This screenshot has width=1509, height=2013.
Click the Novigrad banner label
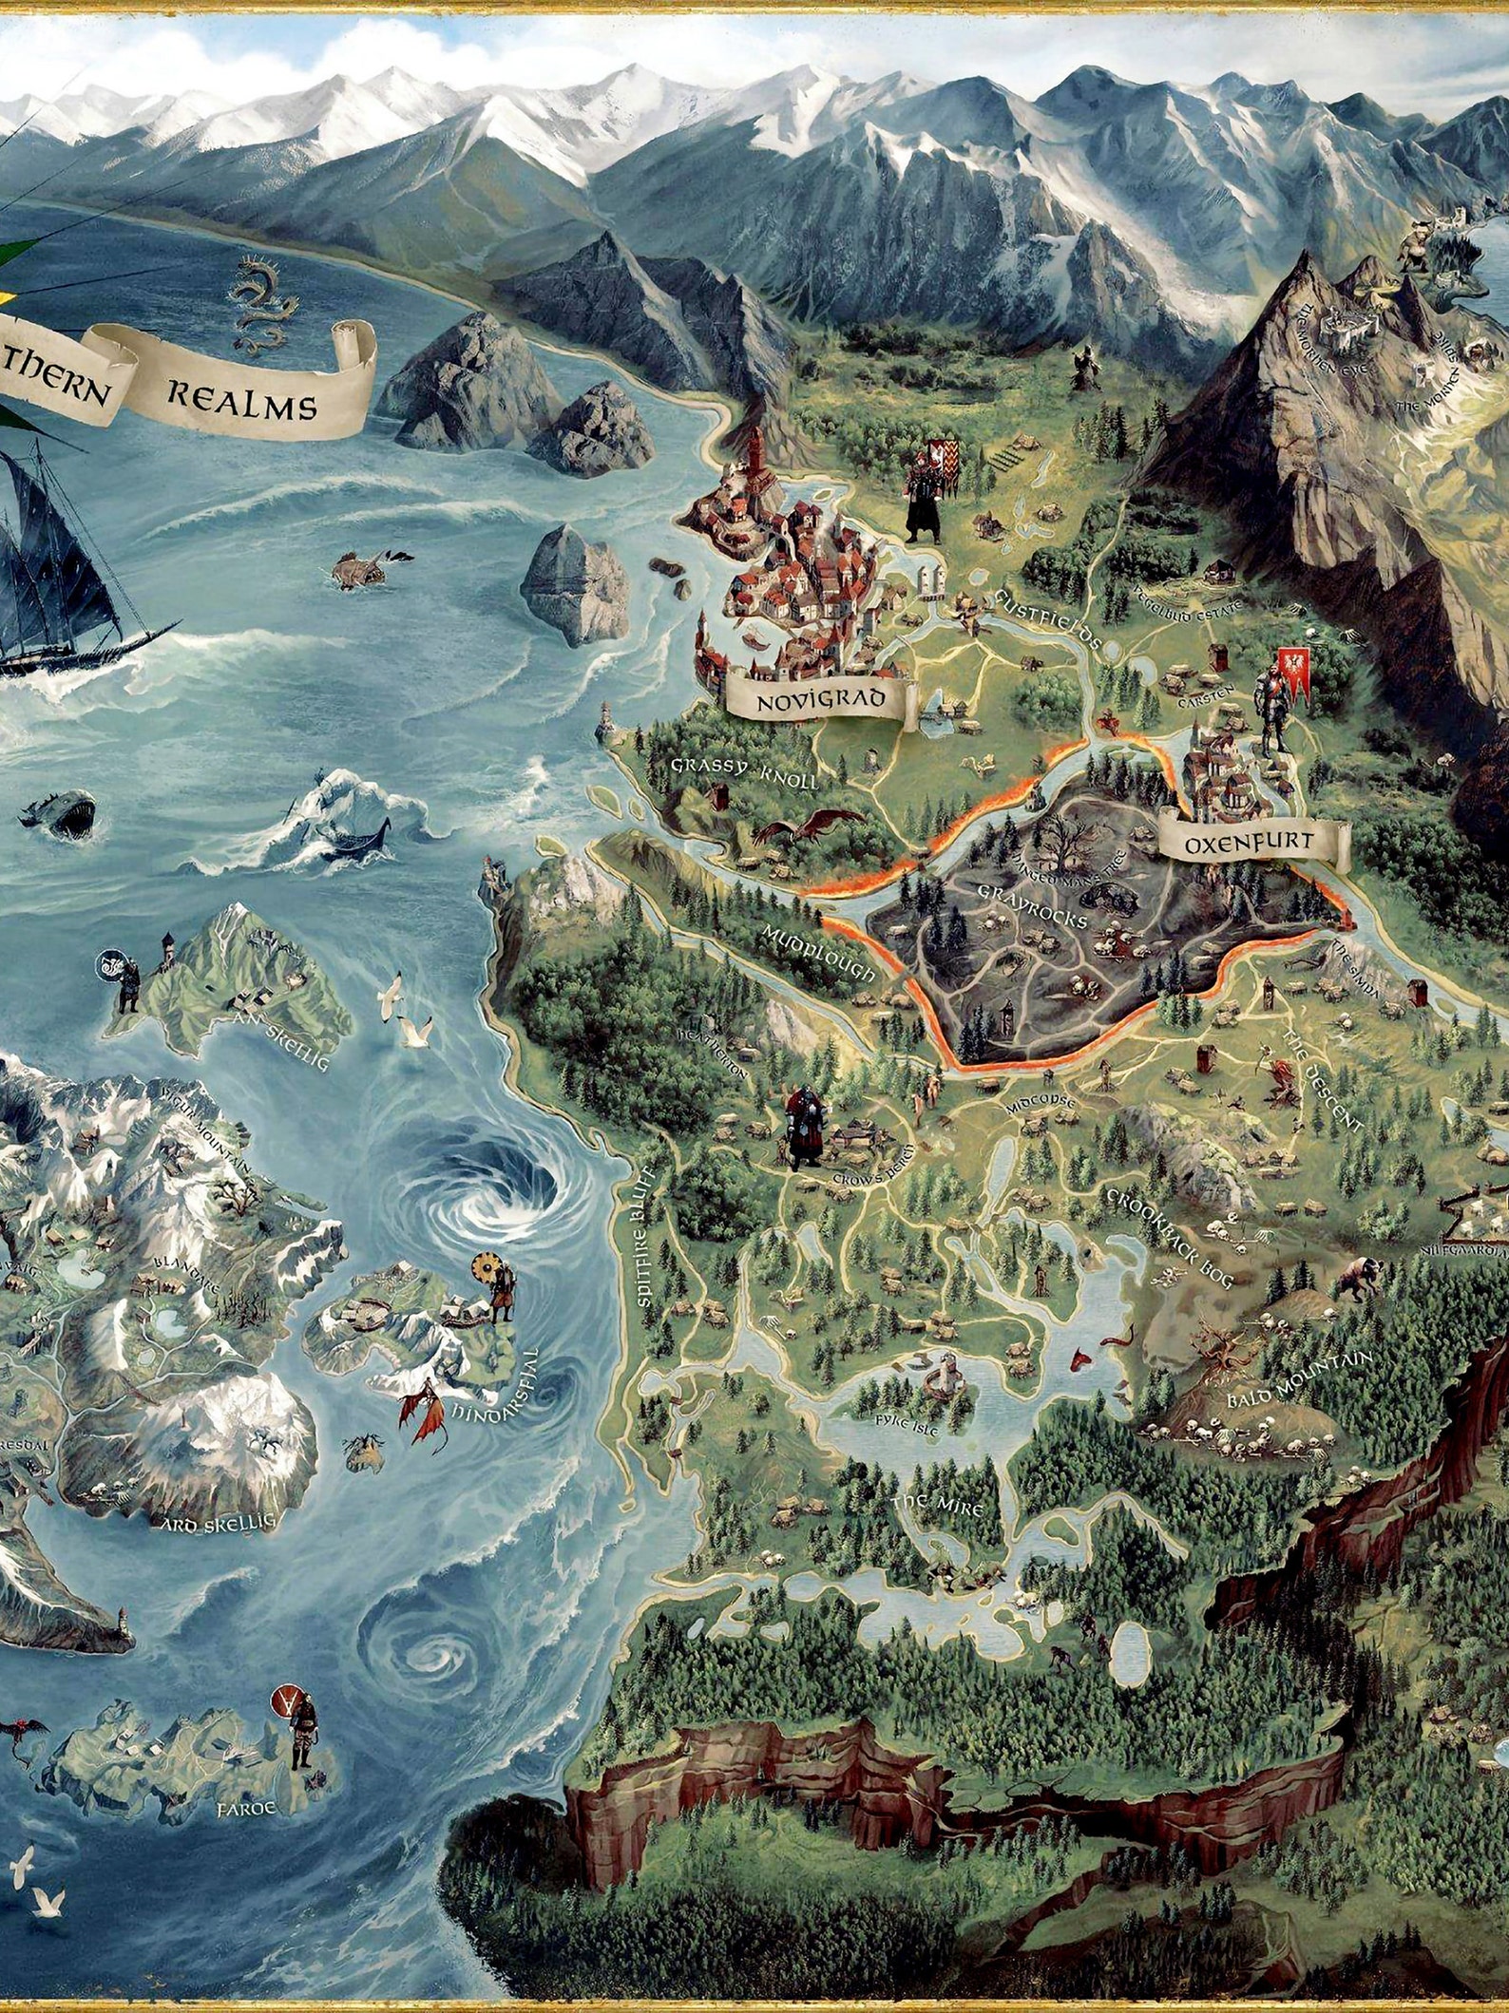pos(820,702)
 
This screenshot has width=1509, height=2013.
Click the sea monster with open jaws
pos(63,812)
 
